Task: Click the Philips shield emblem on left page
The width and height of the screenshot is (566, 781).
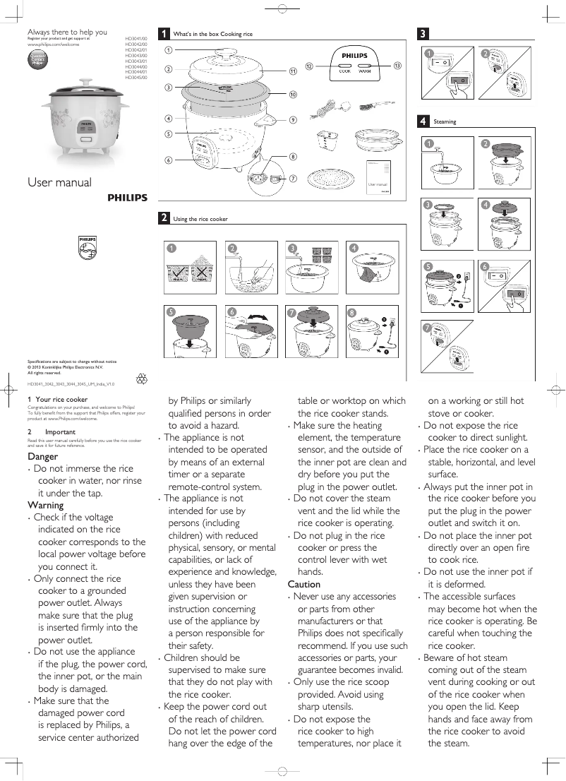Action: coord(86,249)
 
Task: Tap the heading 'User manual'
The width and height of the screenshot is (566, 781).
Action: coord(59,182)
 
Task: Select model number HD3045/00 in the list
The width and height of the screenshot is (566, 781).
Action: coord(136,77)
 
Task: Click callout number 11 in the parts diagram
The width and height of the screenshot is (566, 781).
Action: coord(292,72)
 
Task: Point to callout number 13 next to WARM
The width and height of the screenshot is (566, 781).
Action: coord(397,66)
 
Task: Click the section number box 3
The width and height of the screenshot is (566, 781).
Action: coord(423,34)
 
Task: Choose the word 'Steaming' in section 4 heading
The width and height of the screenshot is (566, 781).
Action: coord(445,121)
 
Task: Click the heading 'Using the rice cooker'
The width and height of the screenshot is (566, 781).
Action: coord(200,219)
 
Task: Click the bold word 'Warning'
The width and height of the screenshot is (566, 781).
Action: coord(45,505)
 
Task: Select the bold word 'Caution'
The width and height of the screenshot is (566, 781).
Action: coord(304,584)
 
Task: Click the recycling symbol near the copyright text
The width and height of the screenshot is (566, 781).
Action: coord(143,378)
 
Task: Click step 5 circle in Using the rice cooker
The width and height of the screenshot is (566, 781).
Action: coord(170,311)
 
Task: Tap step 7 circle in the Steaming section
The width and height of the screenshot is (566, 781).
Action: coord(428,328)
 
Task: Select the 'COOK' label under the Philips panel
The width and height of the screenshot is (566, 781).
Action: coord(344,71)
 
